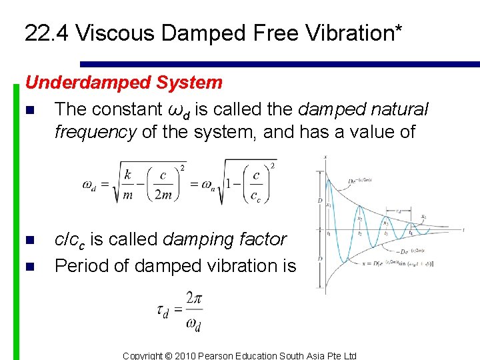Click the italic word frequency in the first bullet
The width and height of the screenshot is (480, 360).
[96, 132]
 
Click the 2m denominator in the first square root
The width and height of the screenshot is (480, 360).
[163, 194]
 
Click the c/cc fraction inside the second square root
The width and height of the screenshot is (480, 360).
[256, 185]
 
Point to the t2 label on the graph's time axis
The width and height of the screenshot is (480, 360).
[360, 234]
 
